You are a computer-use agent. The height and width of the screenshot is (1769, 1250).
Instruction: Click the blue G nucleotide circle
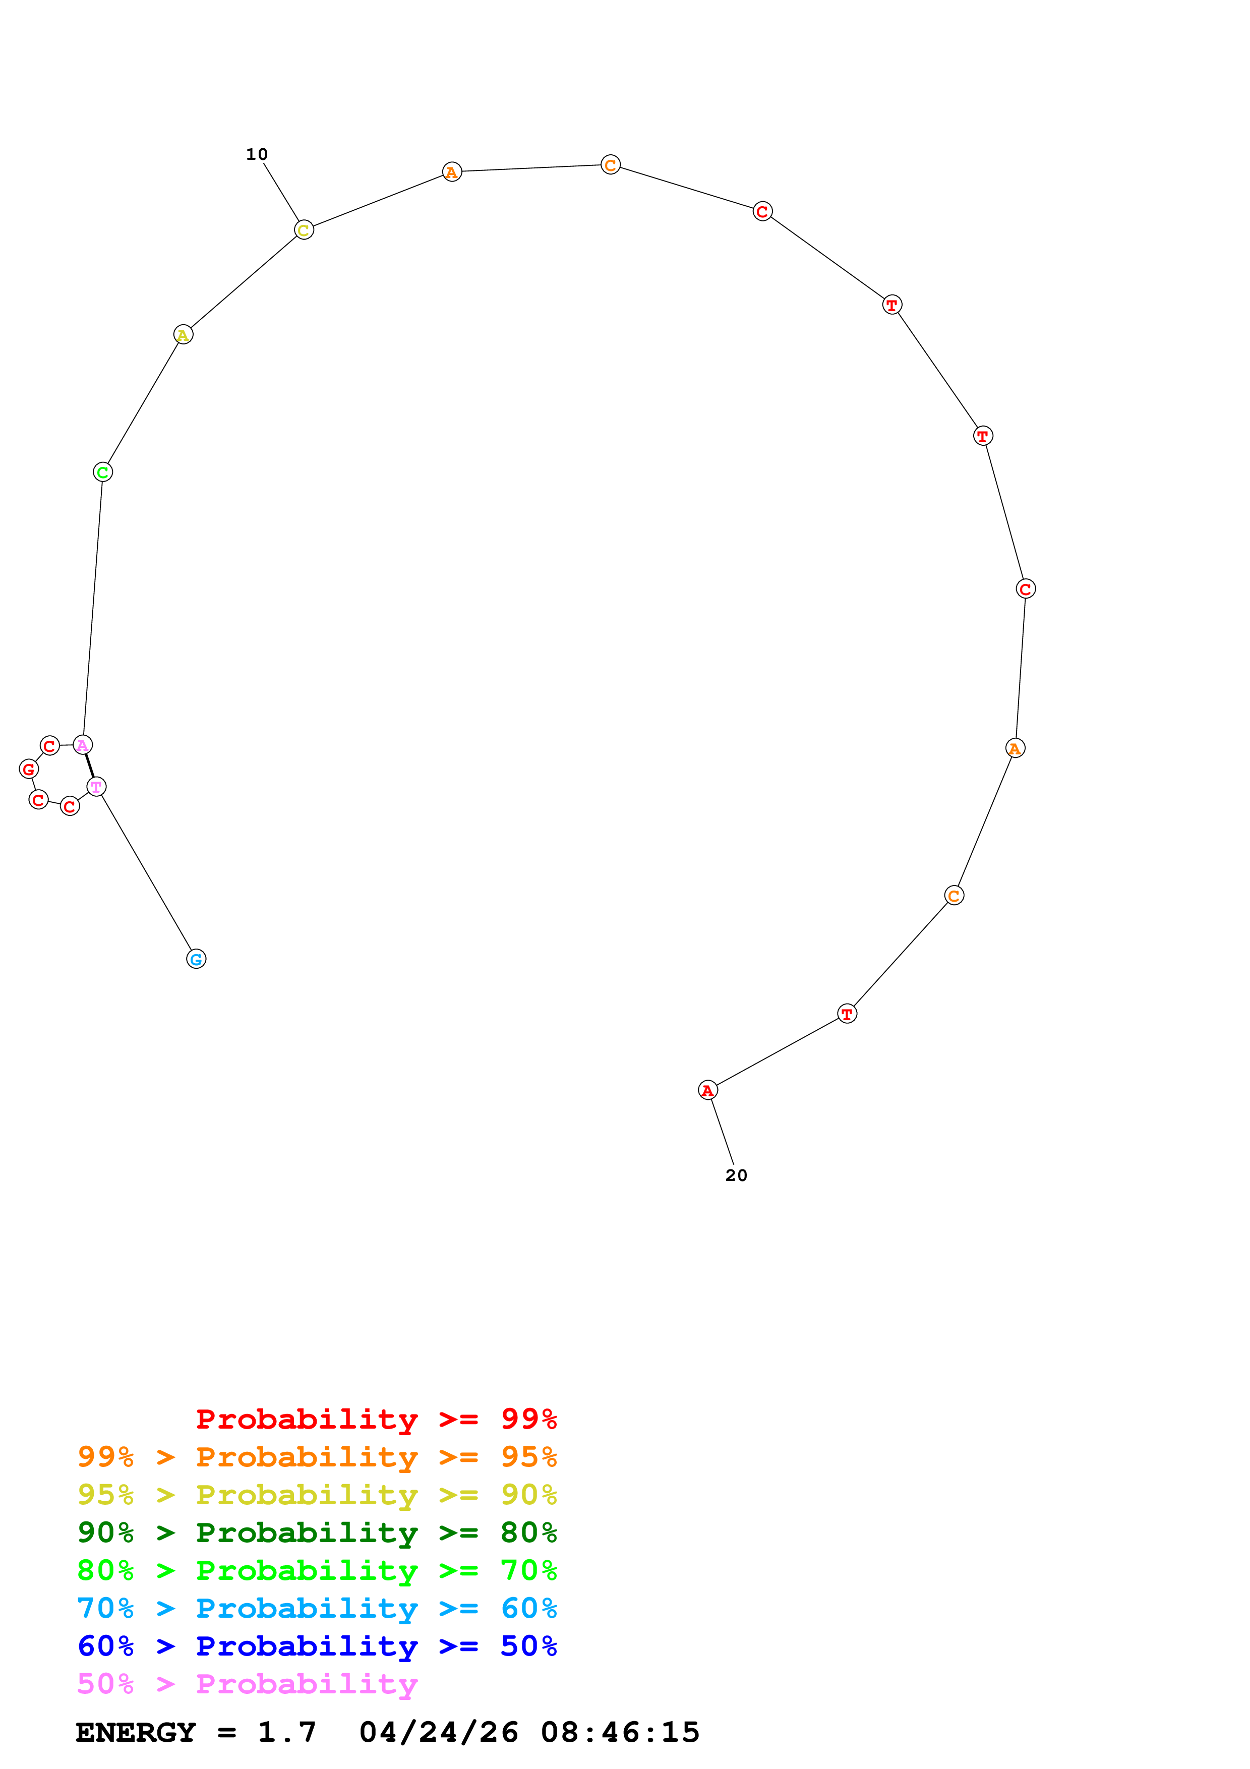(196, 959)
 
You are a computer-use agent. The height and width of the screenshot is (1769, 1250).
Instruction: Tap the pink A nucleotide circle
(82, 744)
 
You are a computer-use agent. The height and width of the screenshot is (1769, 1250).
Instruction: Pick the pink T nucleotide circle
(96, 787)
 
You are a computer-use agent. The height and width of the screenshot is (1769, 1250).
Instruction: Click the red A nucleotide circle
(708, 1090)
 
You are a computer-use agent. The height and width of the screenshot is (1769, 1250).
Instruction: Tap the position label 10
(257, 154)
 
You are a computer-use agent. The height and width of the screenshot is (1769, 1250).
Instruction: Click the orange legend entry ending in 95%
(317, 1457)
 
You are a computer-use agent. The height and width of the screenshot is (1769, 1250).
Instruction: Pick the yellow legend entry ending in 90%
(317, 1495)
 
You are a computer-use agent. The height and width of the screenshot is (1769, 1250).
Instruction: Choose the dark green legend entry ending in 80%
(317, 1532)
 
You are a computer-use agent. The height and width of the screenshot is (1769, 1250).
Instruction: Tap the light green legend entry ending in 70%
(317, 1570)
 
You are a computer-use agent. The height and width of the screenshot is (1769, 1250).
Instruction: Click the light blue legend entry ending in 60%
(317, 1608)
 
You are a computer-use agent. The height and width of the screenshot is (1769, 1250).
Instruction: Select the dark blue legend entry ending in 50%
(317, 1646)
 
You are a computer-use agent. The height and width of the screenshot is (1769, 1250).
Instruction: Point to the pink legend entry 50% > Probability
(247, 1683)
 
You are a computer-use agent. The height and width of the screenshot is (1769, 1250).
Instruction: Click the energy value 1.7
(286, 1732)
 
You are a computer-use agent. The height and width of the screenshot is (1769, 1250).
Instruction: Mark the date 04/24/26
(439, 1732)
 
